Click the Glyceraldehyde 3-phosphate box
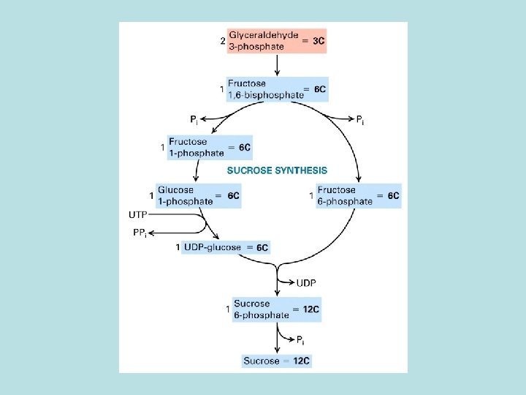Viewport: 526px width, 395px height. tap(276, 41)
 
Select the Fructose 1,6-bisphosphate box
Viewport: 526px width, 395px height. tap(277, 89)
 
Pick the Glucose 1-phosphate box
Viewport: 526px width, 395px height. tap(198, 195)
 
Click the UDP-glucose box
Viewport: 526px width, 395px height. tap(226, 248)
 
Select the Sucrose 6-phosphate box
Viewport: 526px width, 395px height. tap(276, 309)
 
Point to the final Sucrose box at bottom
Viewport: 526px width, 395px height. tap(276, 361)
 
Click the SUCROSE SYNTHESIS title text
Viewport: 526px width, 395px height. tap(277, 170)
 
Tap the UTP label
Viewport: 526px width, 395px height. tap(137, 215)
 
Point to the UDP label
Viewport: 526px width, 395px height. tap(307, 282)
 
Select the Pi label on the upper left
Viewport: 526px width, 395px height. tap(194, 118)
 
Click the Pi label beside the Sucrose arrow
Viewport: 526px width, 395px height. tap(300, 340)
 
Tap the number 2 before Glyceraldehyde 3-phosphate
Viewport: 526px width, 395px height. tap(223, 41)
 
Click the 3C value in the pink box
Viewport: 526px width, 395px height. tap(319, 42)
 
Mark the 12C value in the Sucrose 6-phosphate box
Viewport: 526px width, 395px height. tap(310, 309)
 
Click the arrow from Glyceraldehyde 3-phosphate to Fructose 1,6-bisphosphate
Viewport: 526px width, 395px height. tap(277, 64)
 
